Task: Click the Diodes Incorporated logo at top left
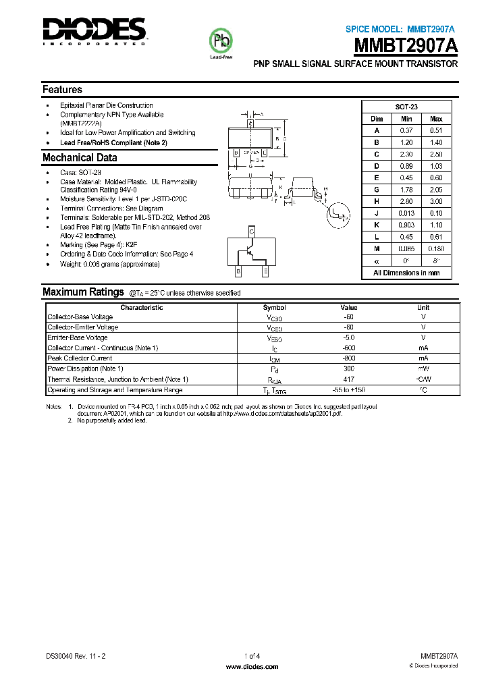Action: (94, 30)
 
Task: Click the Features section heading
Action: (62, 90)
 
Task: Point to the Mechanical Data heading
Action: (80, 158)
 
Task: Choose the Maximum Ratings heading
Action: (83, 292)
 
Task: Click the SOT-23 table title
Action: (406, 107)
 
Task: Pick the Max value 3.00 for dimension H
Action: (436, 202)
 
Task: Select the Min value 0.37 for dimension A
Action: (406, 130)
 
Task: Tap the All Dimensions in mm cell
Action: (406, 273)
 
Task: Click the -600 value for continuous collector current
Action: (348, 348)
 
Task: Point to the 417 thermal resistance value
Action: (348, 379)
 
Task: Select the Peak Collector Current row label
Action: (80, 358)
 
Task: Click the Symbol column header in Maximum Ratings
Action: (275, 307)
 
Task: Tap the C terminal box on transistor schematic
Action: (252, 231)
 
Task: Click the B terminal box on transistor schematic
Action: (238, 271)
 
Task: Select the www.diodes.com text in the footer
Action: (252, 666)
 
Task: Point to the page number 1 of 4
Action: (252, 656)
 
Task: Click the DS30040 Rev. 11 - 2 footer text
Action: (76, 656)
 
